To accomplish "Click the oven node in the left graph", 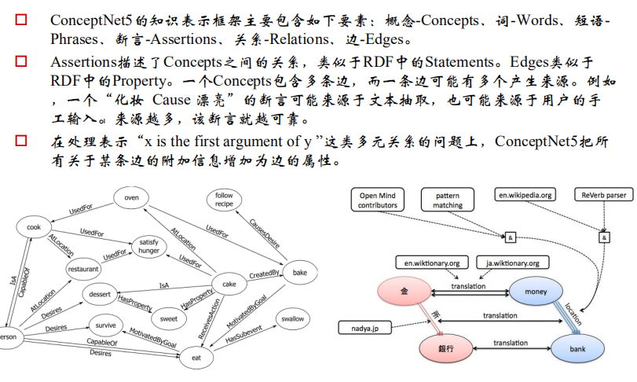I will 131,198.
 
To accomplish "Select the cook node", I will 33,228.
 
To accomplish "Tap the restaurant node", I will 83,269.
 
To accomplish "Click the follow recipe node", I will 224,200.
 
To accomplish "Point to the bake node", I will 299,272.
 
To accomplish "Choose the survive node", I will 105,325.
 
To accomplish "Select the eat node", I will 196,358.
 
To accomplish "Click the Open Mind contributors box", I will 378,200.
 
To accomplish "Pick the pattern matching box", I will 448,200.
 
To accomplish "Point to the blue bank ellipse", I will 577,346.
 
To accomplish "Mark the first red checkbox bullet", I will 21,18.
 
